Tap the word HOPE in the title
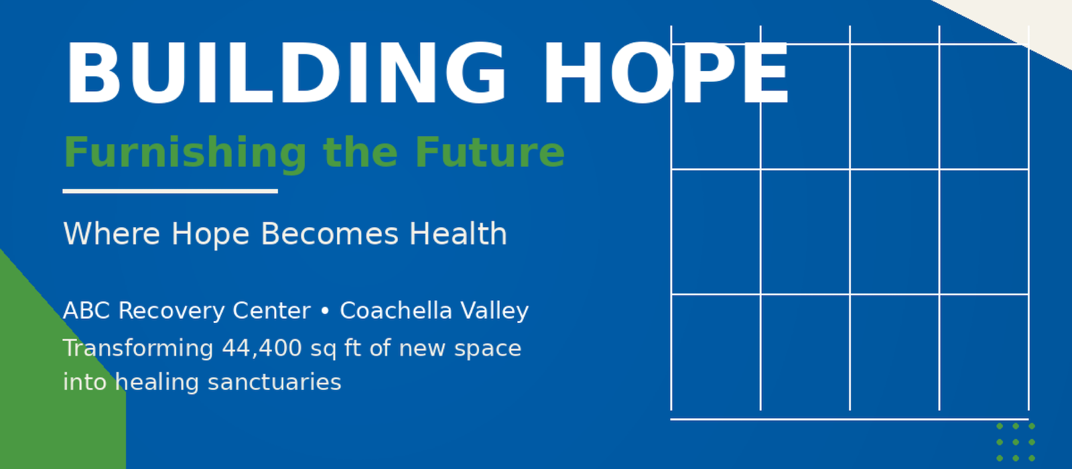(x=666, y=73)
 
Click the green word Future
(x=490, y=152)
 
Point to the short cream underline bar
(x=170, y=192)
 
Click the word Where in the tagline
(x=111, y=234)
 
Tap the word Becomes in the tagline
(x=329, y=234)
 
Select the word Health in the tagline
(x=458, y=234)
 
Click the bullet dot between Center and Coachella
(x=325, y=311)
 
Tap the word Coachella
(x=396, y=311)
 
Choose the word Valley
(x=495, y=312)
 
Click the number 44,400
(x=262, y=348)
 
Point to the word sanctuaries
(x=274, y=383)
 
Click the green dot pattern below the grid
(x=1016, y=442)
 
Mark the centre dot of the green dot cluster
(x=1016, y=442)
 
